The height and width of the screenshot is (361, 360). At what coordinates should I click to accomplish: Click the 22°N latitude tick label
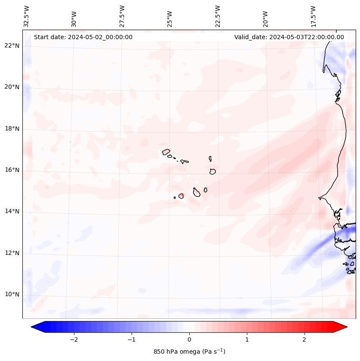click(x=12, y=46)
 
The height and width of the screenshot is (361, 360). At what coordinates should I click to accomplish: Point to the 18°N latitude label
click(x=12, y=129)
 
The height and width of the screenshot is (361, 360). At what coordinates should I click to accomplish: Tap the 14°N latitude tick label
click(x=12, y=211)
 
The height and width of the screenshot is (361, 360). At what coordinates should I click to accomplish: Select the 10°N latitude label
click(x=12, y=294)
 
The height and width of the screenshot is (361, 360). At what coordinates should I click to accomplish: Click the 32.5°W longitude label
click(x=27, y=16)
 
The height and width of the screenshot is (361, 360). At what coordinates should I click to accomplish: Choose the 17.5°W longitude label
click(x=313, y=16)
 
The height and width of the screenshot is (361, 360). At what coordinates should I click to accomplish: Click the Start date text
click(x=83, y=37)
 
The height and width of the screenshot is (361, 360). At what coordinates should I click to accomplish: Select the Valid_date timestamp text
click(x=289, y=37)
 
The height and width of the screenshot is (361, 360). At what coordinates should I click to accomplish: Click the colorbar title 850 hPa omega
click(x=189, y=352)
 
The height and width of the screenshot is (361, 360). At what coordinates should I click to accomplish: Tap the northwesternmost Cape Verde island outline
click(x=166, y=151)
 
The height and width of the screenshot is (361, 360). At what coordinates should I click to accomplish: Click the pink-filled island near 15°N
click(x=181, y=196)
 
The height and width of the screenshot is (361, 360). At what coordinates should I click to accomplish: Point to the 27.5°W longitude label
click(x=122, y=16)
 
